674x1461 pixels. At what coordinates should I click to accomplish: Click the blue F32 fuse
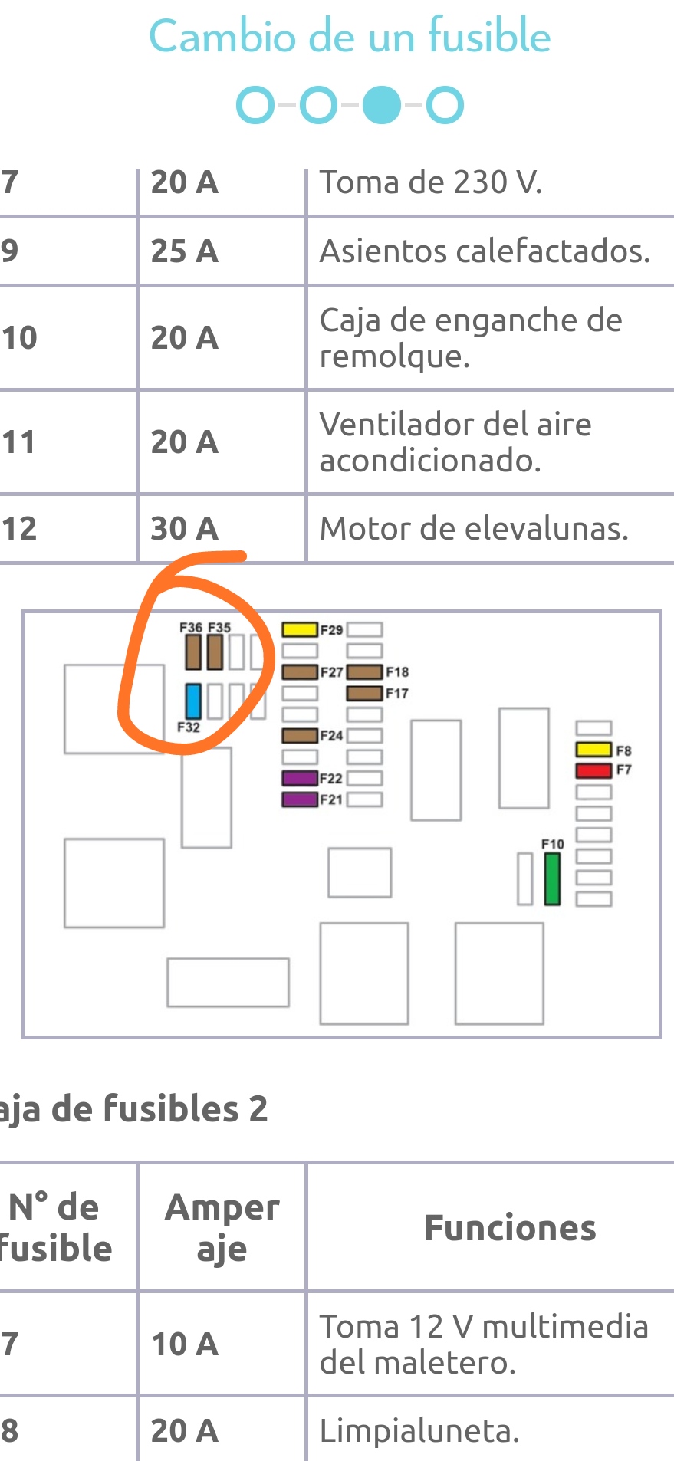[x=193, y=700]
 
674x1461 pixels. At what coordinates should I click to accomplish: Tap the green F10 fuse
[x=552, y=878]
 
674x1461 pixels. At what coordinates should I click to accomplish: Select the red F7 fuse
[x=593, y=770]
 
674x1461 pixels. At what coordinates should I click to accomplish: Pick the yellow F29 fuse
[x=299, y=629]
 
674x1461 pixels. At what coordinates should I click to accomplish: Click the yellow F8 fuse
[x=593, y=749]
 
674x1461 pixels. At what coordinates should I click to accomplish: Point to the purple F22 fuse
[x=299, y=778]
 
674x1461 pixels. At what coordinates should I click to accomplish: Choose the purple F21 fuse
[x=299, y=799]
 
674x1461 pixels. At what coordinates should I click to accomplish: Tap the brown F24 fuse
[x=299, y=736]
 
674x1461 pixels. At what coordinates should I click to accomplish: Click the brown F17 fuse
[x=364, y=693]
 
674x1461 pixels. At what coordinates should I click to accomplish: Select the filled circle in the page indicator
[x=381, y=105]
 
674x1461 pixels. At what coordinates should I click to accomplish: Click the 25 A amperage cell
[x=185, y=251]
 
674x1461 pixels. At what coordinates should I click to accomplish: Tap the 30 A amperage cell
[x=185, y=529]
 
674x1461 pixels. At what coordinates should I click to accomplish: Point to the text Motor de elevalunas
[x=474, y=529]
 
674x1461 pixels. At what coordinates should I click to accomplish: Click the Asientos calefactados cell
[x=485, y=251]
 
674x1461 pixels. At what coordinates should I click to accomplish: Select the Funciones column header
[x=510, y=1228]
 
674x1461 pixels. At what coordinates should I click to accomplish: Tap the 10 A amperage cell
[x=185, y=1344]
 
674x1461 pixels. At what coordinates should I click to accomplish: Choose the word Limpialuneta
[x=419, y=1430]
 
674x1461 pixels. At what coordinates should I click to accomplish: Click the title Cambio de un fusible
[x=350, y=36]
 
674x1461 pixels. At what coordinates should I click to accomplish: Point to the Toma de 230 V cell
[x=431, y=182]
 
